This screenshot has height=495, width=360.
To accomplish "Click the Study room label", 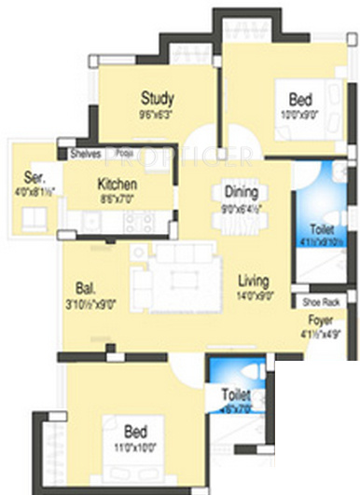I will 158,97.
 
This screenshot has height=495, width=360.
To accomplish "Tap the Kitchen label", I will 118,184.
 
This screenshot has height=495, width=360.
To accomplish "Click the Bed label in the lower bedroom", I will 136,432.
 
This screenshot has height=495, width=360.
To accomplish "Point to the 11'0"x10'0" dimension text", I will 136,447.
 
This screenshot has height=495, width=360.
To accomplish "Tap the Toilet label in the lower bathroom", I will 233,395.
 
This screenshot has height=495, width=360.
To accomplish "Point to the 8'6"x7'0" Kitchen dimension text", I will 118,198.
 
